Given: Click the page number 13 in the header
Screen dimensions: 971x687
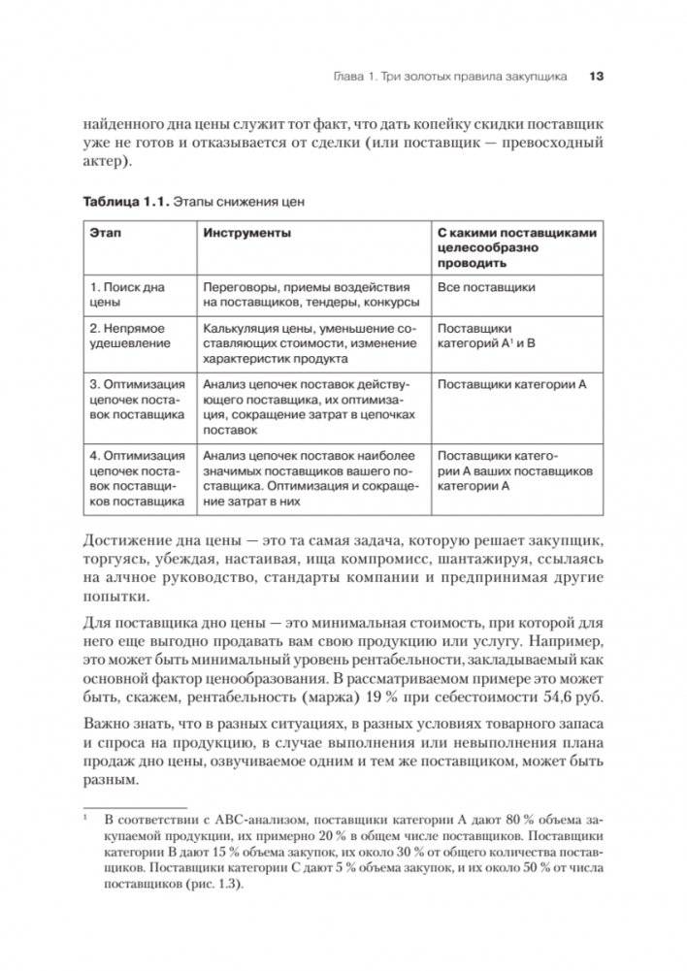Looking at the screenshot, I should click(x=597, y=76).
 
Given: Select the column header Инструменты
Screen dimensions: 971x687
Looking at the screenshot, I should click(x=247, y=234).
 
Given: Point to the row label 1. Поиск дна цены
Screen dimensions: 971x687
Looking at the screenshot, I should click(x=126, y=295).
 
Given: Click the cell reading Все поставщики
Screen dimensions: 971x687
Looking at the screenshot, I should click(x=486, y=288).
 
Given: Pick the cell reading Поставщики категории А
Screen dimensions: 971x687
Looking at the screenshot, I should click(x=511, y=385).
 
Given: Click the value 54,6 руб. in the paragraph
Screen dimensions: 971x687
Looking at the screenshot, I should click(x=572, y=696).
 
